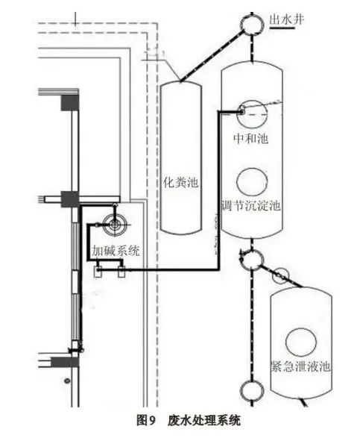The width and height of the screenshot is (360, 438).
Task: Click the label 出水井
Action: (x=286, y=20)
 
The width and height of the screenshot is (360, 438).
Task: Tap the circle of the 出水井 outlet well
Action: (x=253, y=25)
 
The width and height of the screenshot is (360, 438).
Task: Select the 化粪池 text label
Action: (x=181, y=182)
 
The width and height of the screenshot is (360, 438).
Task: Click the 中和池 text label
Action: (x=251, y=139)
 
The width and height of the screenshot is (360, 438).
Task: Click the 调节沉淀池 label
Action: (x=251, y=206)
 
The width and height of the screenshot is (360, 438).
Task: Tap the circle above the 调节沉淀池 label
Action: (x=252, y=182)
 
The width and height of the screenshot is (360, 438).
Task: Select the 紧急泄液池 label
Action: (x=301, y=366)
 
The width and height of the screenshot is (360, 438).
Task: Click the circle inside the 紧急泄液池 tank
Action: (x=301, y=341)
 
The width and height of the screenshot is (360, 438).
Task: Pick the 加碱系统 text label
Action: (x=116, y=251)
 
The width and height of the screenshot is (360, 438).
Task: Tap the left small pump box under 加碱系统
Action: (x=98, y=272)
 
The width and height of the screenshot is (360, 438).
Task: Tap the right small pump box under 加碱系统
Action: (x=121, y=272)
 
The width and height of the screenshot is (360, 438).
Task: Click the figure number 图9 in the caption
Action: (x=145, y=420)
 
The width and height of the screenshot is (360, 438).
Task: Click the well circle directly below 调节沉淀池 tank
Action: (x=252, y=260)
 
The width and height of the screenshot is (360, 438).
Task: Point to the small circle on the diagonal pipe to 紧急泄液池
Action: (x=280, y=275)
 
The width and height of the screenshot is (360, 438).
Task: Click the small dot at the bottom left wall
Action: (x=66, y=381)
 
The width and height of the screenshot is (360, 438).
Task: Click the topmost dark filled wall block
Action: (x=70, y=102)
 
